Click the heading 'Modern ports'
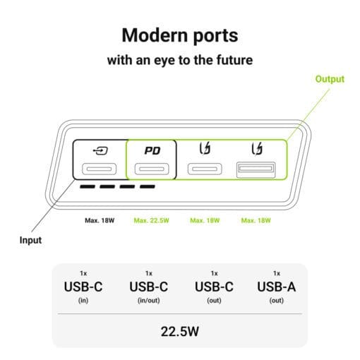(180, 35)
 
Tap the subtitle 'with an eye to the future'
(180, 60)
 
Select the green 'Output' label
(330, 79)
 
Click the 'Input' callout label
(30, 240)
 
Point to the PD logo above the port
(152, 150)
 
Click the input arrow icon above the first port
(100, 150)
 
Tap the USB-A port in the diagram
(256, 169)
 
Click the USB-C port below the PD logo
(152, 169)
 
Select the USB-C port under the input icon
(99, 169)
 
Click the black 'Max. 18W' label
(100, 220)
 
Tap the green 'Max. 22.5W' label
(151, 220)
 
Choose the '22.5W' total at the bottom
(180, 331)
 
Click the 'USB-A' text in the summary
(277, 287)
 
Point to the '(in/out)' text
(149, 301)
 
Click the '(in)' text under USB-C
(83, 301)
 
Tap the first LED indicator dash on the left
(88, 186)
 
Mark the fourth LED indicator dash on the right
(148, 186)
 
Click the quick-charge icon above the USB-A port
(257, 149)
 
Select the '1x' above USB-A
(277, 273)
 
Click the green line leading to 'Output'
(308, 114)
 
